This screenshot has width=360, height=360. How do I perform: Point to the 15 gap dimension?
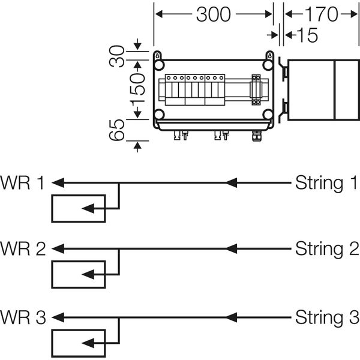point(307,35)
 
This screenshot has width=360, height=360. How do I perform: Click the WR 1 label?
point(22,182)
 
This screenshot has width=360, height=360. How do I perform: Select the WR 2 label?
point(23,248)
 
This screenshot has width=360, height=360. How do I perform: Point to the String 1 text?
point(327,182)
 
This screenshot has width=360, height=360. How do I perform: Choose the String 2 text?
point(327,248)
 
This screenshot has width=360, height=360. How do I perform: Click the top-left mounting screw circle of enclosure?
point(159,64)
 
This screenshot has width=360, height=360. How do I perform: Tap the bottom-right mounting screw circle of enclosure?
point(268,115)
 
